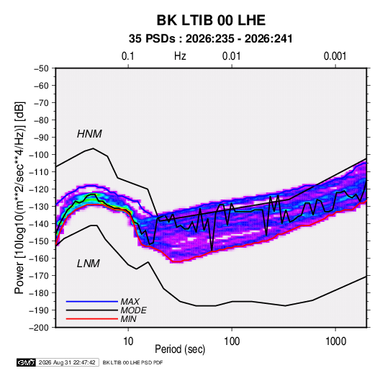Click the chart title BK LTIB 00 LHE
pos(211,20)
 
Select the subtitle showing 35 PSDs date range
pos(211,39)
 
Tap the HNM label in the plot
pos(89,134)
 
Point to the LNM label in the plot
pos(89,264)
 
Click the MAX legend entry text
pos(130,301)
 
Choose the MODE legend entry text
pos(133,310)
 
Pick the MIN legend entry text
pos(128,319)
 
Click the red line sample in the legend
pos(92,319)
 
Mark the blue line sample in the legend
pos(92,302)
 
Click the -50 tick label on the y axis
pos(41,68)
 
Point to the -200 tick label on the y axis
pos(39,328)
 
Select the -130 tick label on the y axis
pos(39,207)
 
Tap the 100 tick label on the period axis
pos(232,341)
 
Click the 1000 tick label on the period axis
pos(335,341)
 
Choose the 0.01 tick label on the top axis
pos(231,56)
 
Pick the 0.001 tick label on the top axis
pos(335,56)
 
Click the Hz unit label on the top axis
pos(180,56)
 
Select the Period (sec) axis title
pos(180,349)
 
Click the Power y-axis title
pos(19,198)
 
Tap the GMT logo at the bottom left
pos(27,362)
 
